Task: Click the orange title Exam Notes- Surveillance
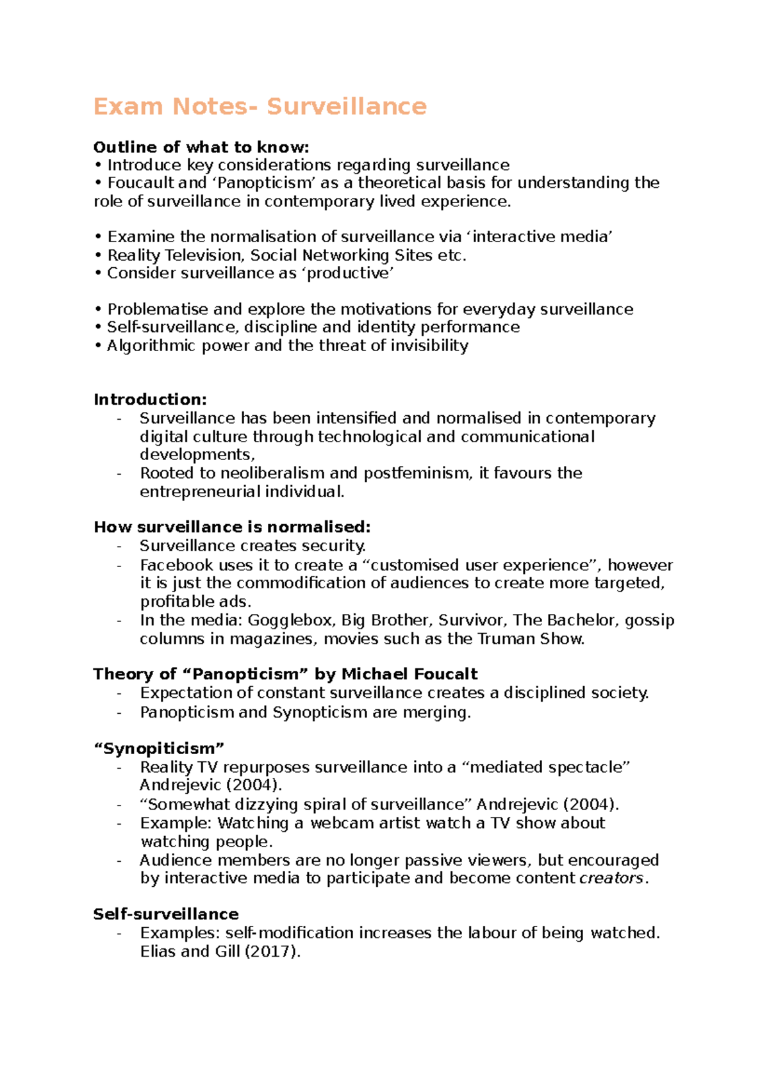(260, 106)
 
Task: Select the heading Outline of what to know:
(201, 147)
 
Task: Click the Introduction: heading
(150, 400)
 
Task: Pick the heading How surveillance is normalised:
(232, 527)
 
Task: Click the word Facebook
(176, 565)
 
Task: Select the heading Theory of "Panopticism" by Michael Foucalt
(285, 674)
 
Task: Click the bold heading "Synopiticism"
(159, 749)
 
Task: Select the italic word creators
(611, 878)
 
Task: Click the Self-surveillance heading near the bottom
(165, 914)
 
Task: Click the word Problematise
(157, 309)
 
